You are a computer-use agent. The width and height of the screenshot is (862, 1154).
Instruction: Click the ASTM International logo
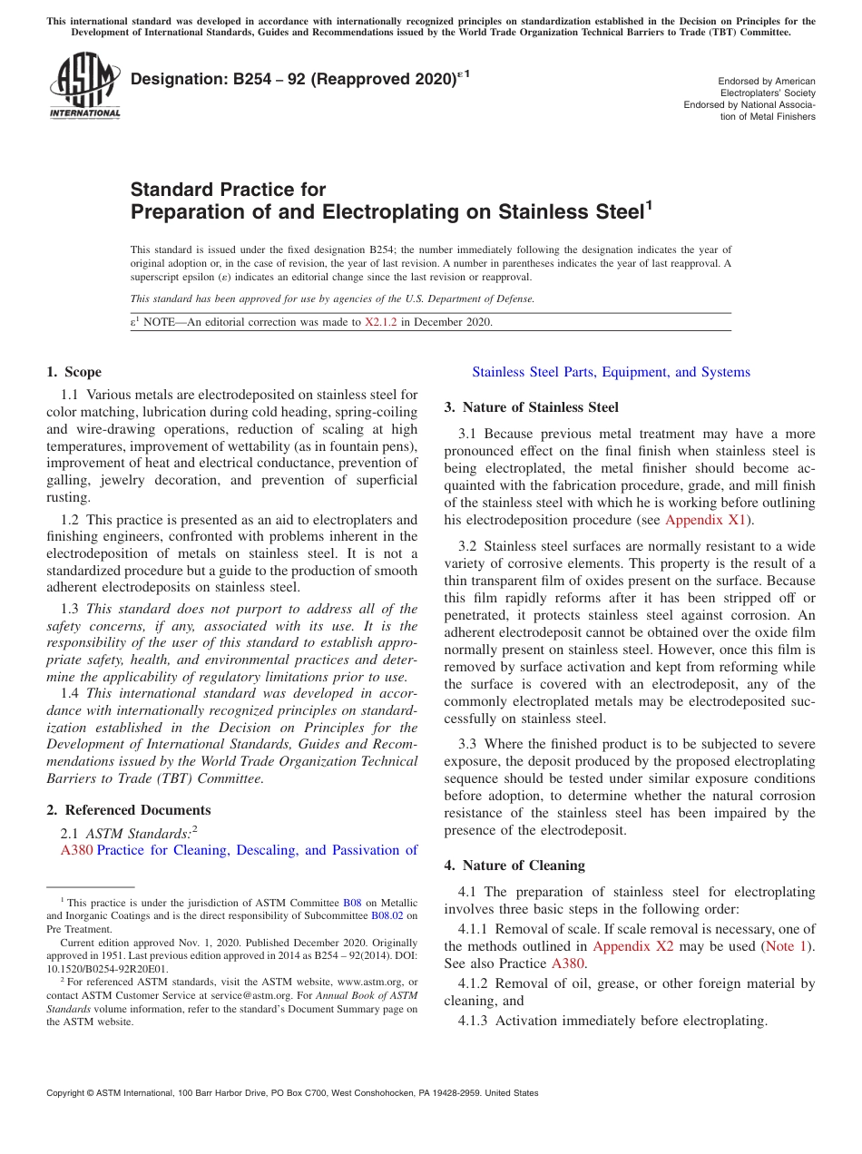point(84,87)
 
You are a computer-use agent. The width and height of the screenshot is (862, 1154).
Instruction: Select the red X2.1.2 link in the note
point(380,322)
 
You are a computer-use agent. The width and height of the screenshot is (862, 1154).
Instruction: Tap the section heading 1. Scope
point(73,372)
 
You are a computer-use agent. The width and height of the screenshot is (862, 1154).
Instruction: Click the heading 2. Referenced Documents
point(128,810)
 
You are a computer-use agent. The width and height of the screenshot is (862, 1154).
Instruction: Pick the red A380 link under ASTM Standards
point(76,850)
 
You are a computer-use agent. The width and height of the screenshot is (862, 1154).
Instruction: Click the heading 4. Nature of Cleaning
point(514,865)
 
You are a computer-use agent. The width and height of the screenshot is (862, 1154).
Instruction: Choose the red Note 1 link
point(785,946)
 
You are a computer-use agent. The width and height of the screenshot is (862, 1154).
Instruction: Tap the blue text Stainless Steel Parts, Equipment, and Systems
point(611,372)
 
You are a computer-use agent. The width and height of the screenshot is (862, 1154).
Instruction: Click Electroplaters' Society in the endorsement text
point(767,93)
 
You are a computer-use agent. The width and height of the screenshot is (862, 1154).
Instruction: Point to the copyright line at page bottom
point(292,1093)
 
